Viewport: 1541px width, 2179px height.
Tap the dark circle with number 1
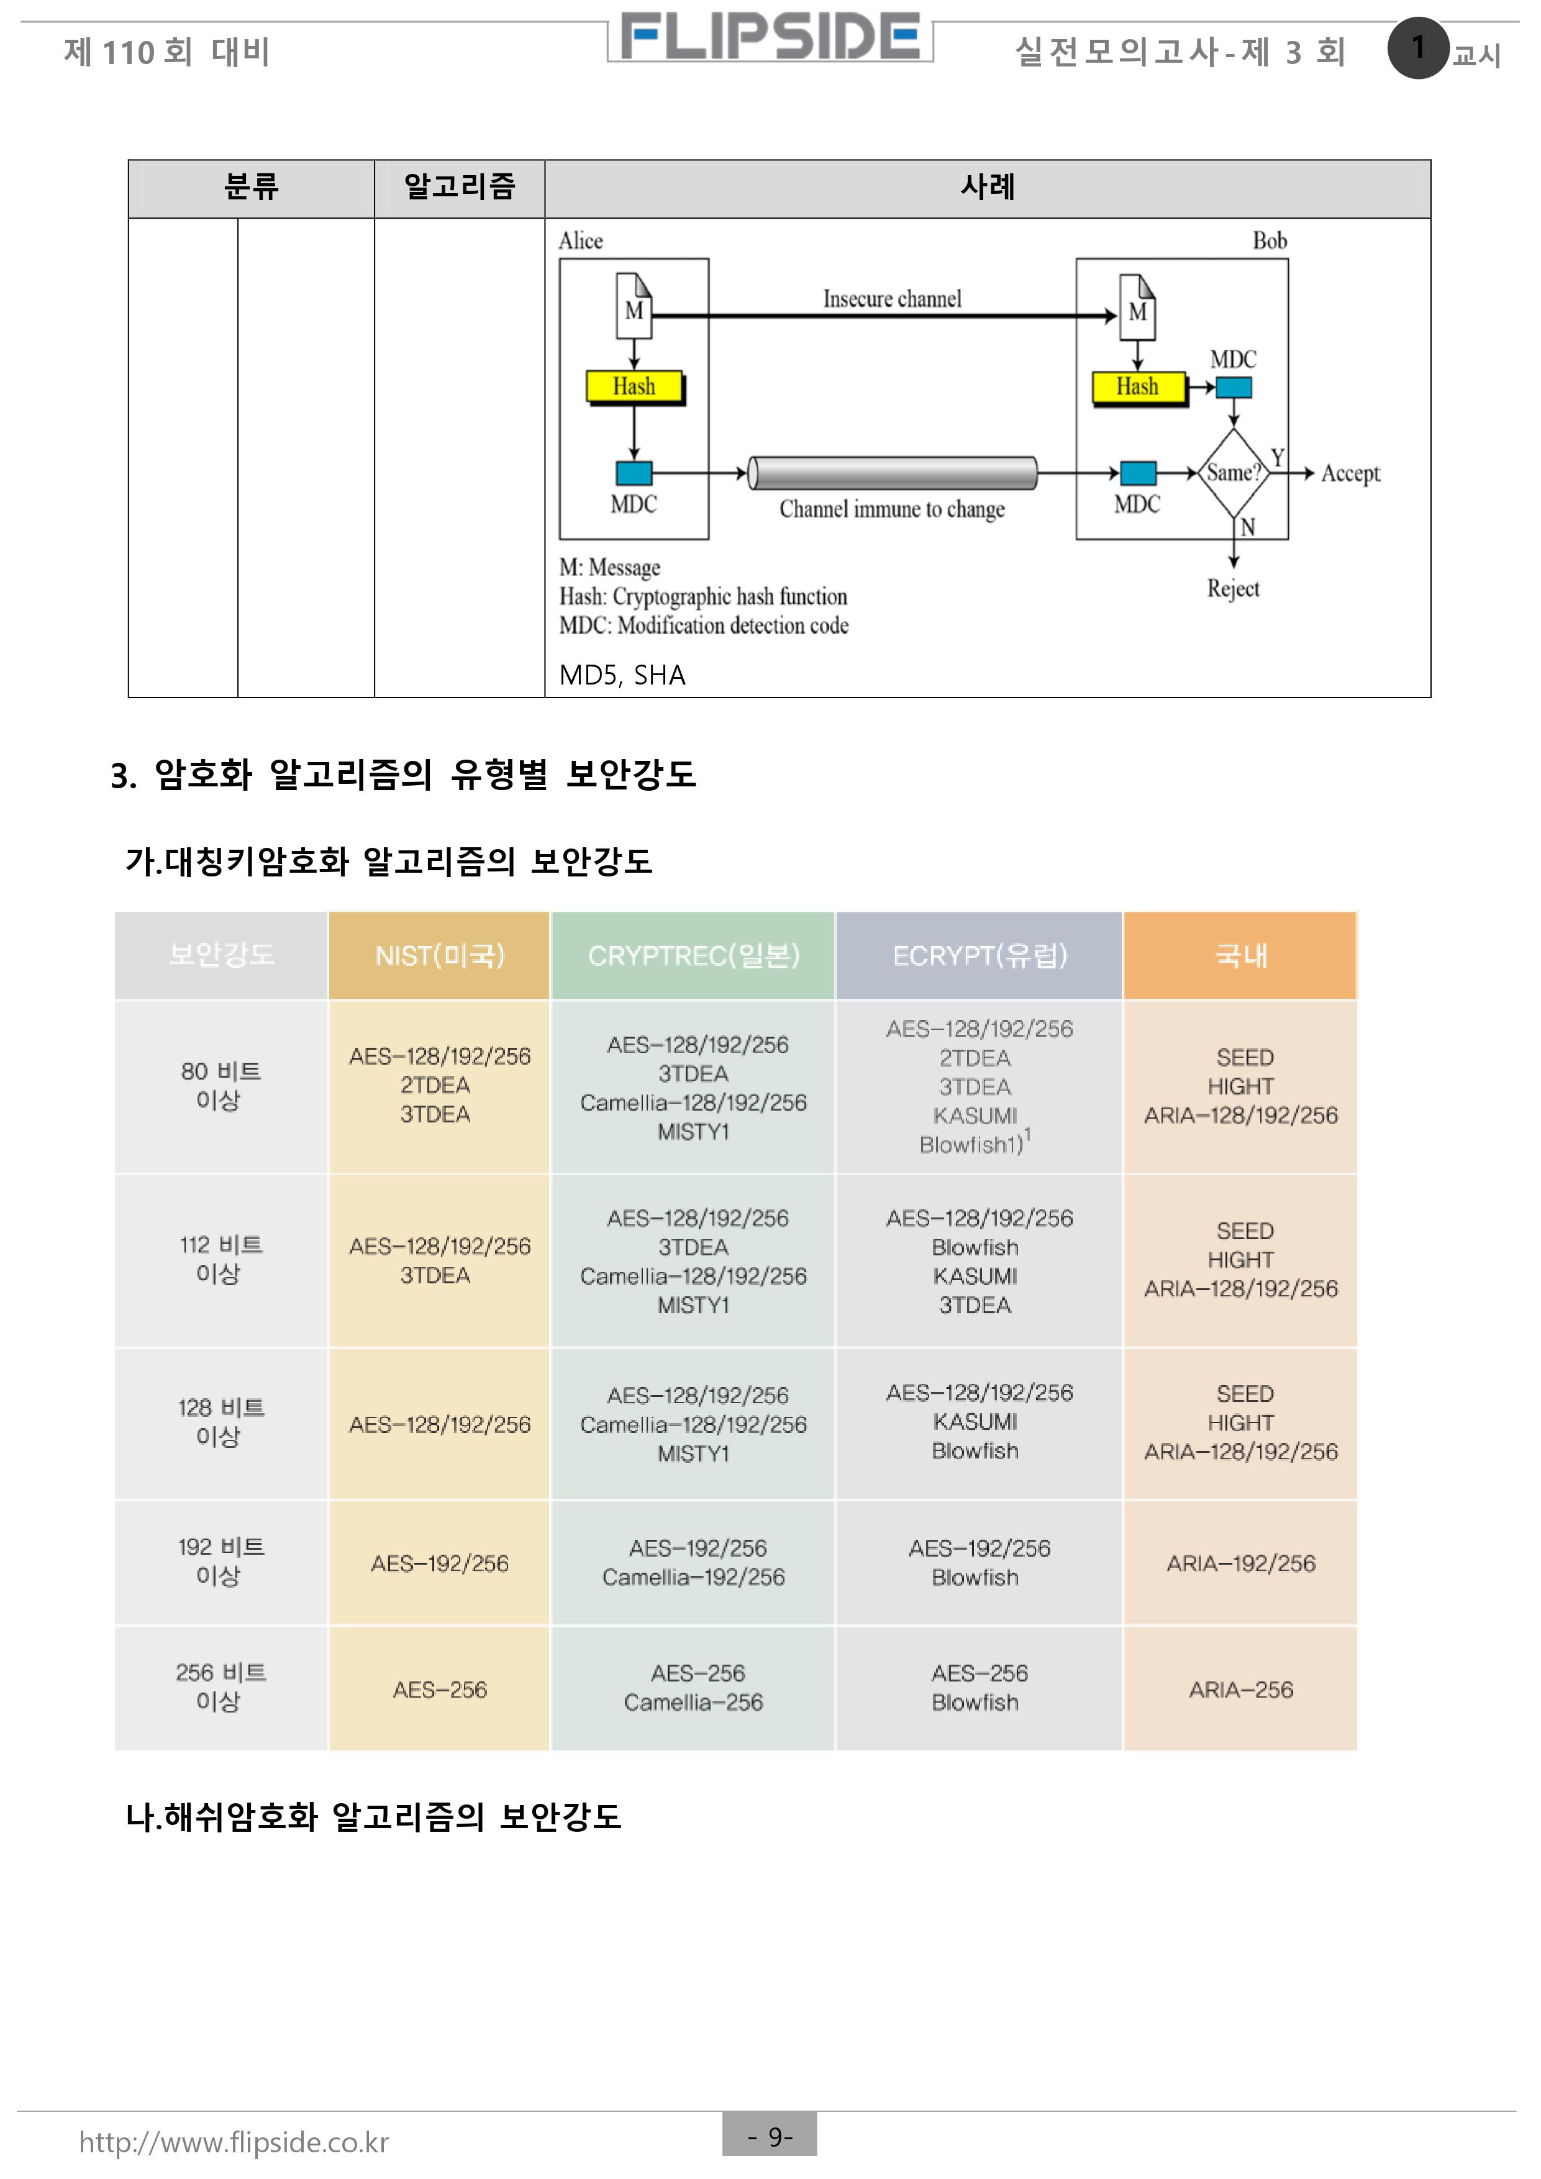click(x=1417, y=47)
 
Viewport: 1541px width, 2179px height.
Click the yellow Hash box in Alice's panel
click(x=634, y=386)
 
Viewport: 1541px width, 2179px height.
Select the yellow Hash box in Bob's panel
click(x=1138, y=386)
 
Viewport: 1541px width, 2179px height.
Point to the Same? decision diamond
click(x=1232, y=473)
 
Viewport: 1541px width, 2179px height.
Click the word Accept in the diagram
click(x=1350, y=473)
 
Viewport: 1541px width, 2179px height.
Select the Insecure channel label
click(x=892, y=299)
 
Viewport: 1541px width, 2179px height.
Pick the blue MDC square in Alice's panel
click(x=634, y=473)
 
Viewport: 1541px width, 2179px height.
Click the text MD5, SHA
click(x=622, y=675)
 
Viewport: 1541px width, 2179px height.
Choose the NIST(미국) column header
click(x=439, y=956)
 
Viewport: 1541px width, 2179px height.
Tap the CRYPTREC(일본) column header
click(x=694, y=956)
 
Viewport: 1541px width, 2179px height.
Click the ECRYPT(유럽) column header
click(x=980, y=956)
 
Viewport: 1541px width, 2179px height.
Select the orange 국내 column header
click(x=1240, y=956)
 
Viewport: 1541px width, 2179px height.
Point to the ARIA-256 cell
click(x=1240, y=1690)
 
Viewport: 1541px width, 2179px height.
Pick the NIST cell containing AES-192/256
click(x=439, y=1563)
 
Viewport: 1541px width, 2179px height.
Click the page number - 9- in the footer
click(x=770, y=2136)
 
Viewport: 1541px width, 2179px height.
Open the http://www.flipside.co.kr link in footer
click(x=234, y=2142)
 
